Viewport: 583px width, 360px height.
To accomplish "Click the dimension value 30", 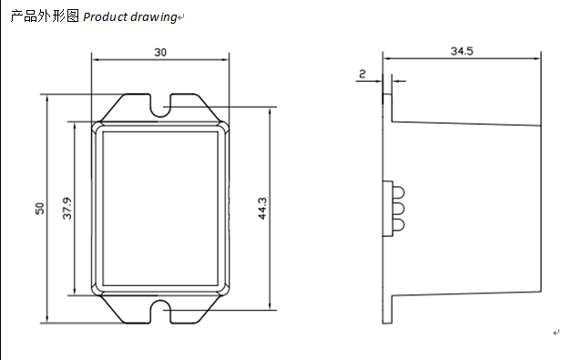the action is [160, 53].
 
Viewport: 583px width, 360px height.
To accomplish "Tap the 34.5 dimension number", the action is [462, 51].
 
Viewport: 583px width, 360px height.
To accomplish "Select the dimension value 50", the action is [39, 209].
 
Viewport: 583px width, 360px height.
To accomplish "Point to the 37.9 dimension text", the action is [66, 209].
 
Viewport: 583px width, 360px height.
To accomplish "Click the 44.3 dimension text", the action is [262, 209].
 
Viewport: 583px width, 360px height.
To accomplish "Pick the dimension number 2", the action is [363, 74].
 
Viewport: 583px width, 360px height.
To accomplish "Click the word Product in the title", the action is [106, 16].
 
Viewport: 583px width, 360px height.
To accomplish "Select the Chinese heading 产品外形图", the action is [45, 16].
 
